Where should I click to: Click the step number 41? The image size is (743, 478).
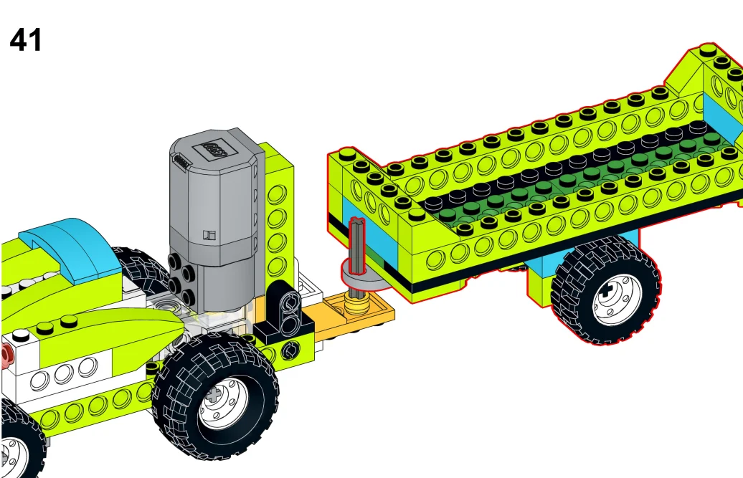click(26, 39)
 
